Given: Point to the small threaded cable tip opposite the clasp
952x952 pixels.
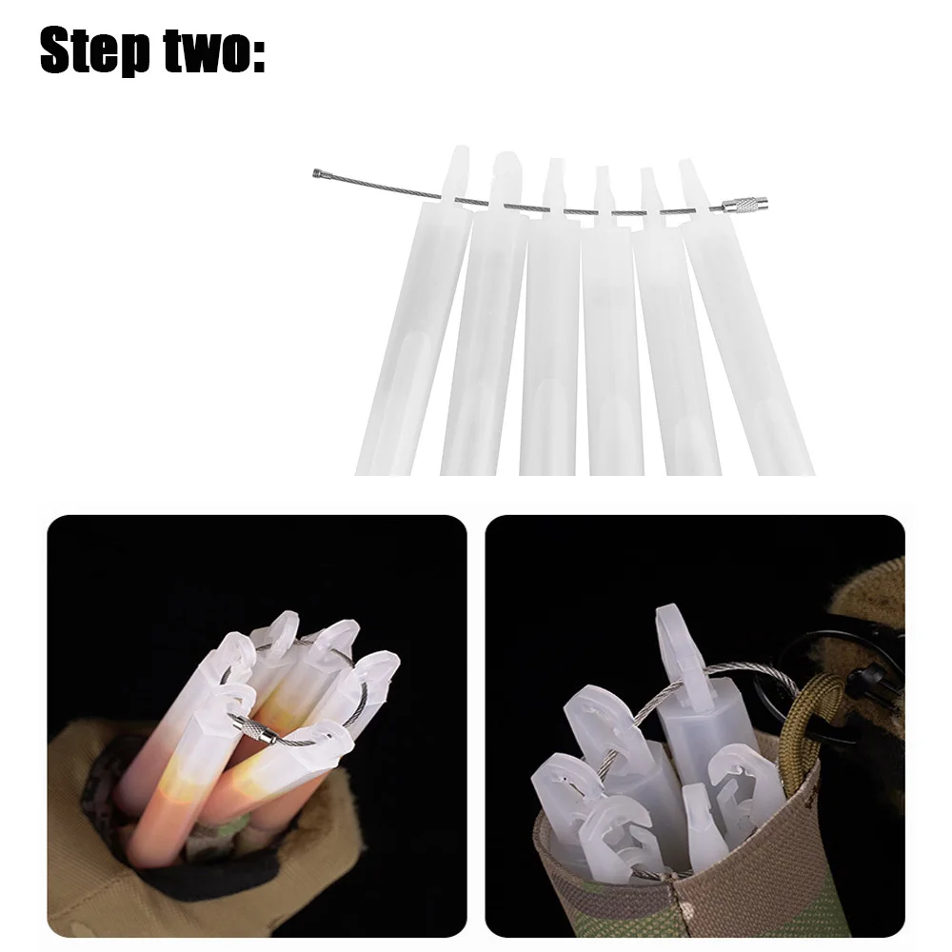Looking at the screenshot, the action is (x=319, y=174).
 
